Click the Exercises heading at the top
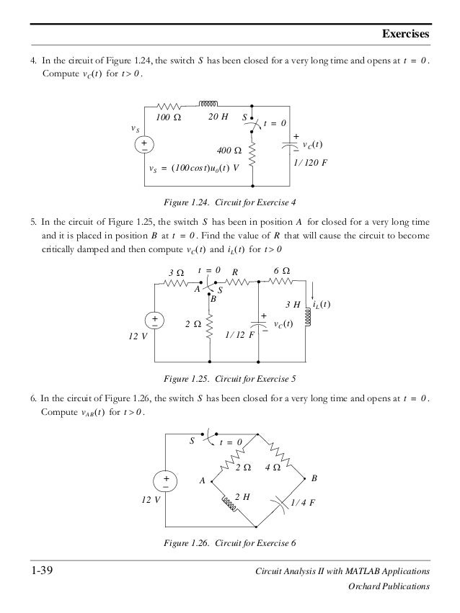(x=405, y=34)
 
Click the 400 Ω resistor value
(x=229, y=151)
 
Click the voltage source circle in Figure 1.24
(x=144, y=145)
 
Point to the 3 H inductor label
(x=293, y=305)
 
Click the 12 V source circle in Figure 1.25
(x=155, y=320)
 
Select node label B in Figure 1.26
(x=314, y=478)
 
